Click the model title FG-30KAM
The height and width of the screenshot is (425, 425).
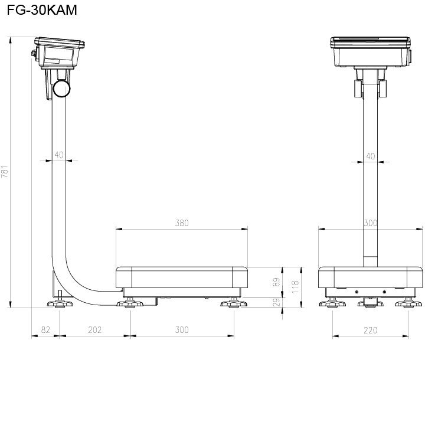[x=42, y=10]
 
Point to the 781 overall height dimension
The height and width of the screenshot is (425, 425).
[x=5, y=172]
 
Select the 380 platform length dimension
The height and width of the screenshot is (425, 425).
[x=182, y=223]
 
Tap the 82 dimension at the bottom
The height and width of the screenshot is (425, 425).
[x=45, y=330]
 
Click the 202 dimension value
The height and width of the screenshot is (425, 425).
[x=95, y=330]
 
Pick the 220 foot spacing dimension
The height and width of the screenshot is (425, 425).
[x=370, y=330]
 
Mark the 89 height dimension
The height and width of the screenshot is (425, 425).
[x=276, y=282]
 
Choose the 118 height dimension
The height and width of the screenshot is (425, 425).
[x=295, y=287]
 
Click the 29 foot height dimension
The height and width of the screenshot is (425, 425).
[x=276, y=302]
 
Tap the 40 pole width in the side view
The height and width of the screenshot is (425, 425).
[x=59, y=155]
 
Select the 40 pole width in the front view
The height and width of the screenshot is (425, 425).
[x=370, y=156]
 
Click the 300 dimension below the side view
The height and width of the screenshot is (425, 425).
[x=182, y=330]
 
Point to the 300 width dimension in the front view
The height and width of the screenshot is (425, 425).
[x=370, y=223]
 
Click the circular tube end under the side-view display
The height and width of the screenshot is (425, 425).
[x=61, y=89]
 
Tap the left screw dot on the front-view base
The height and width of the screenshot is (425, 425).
[x=357, y=292]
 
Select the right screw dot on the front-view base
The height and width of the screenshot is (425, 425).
[x=384, y=292]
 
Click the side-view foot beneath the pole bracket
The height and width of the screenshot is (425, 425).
[x=60, y=303]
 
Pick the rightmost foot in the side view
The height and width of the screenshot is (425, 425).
[x=234, y=303]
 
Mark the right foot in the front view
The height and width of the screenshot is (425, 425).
[x=408, y=303]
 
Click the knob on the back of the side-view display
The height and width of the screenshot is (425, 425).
[x=34, y=53]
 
